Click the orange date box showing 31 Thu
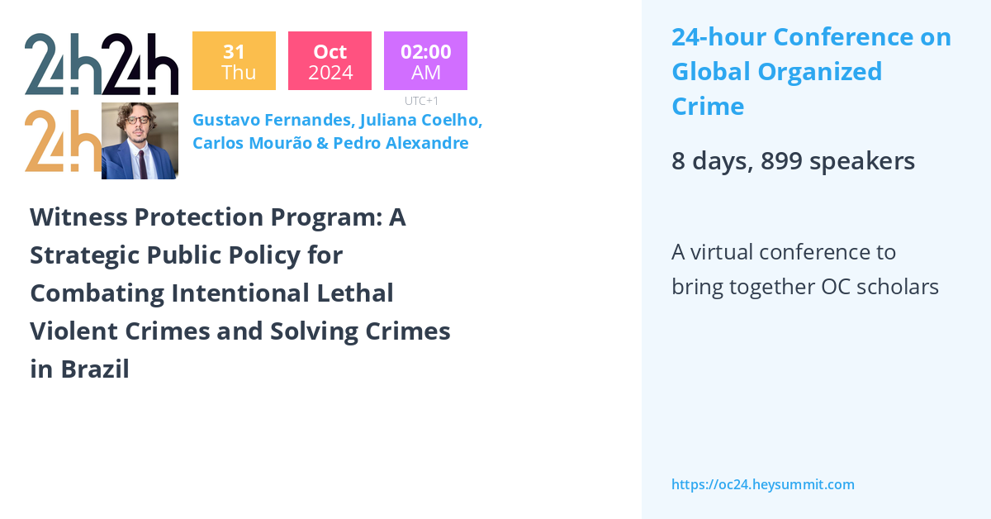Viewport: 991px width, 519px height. point(234,61)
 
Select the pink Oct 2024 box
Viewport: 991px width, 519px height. point(330,61)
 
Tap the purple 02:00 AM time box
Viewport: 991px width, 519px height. point(425,61)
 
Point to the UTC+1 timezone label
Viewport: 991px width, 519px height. point(421,101)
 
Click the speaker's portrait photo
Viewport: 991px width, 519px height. point(140,140)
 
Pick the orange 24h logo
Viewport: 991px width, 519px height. point(62,140)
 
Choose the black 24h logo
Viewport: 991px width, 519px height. point(140,64)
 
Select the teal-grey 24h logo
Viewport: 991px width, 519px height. point(63,64)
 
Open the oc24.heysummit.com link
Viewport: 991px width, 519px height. point(762,484)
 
